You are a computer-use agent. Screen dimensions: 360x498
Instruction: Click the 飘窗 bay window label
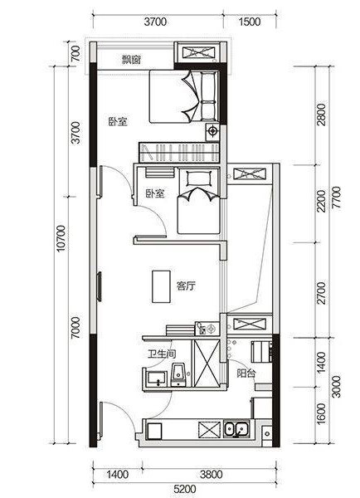click(x=132, y=60)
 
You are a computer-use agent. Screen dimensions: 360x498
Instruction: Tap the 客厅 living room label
click(x=186, y=286)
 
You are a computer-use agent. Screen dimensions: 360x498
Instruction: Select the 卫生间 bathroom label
click(x=162, y=354)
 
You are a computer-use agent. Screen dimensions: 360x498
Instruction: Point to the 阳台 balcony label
click(x=246, y=373)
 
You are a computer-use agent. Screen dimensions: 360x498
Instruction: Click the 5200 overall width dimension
click(x=186, y=489)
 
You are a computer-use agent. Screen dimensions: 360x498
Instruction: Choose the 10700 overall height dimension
click(x=61, y=238)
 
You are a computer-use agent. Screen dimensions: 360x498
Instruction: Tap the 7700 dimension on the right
click(x=336, y=197)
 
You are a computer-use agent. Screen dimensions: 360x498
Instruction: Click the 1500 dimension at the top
click(x=249, y=22)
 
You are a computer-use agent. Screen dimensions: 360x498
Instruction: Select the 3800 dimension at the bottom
click(x=212, y=475)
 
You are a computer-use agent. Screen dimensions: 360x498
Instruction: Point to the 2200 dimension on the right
click(x=321, y=201)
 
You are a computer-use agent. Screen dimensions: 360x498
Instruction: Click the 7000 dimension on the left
click(x=75, y=328)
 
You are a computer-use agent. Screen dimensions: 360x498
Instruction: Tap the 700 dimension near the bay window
click(x=75, y=54)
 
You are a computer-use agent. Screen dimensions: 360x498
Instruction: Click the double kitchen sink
click(x=236, y=429)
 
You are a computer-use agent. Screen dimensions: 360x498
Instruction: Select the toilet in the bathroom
click(x=178, y=375)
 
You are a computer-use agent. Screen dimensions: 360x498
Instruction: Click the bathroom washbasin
click(x=157, y=378)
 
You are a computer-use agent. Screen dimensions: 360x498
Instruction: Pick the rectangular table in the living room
click(x=161, y=286)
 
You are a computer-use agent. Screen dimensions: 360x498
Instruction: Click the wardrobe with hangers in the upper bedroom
click(x=179, y=153)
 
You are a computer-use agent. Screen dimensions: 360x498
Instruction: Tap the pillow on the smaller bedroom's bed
click(x=199, y=178)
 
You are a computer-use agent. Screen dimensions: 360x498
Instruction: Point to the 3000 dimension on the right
click(x=336, y=387)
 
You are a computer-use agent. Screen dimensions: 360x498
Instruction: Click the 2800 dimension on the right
click(x=321, y=115)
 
